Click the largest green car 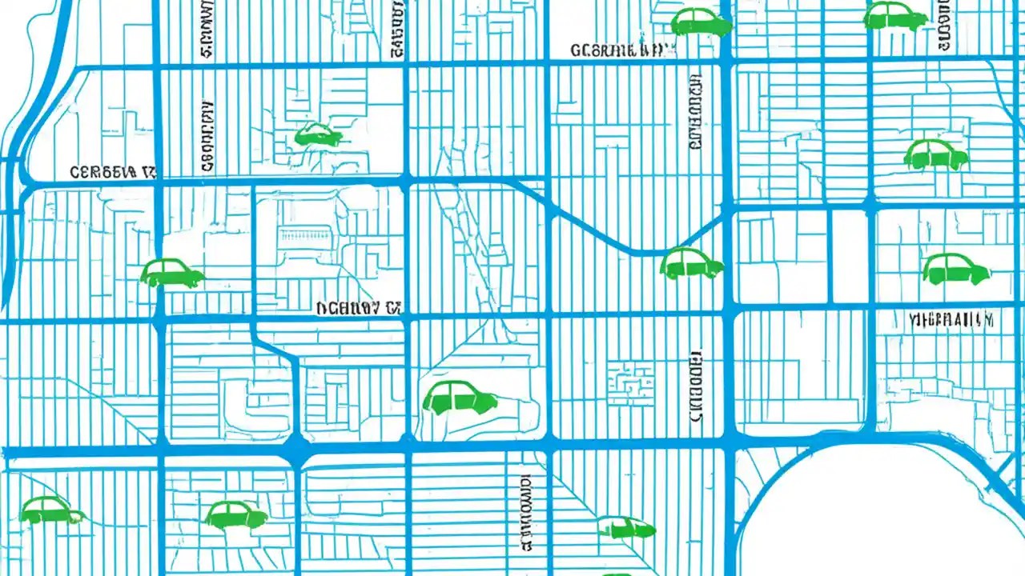[x=459, y=398]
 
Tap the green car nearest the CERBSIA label [x=172, y=274]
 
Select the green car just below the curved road [x=691, y=263]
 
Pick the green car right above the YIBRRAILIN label [x=956, y=269]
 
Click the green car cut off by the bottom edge [x=617, y=573]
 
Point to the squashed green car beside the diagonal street [x=625, y=527]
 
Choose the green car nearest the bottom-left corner [x=51, y=510]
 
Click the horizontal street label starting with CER [x=112, y=172]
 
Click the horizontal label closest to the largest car [x=358, y=307]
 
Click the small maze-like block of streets [x=630, y=382]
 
